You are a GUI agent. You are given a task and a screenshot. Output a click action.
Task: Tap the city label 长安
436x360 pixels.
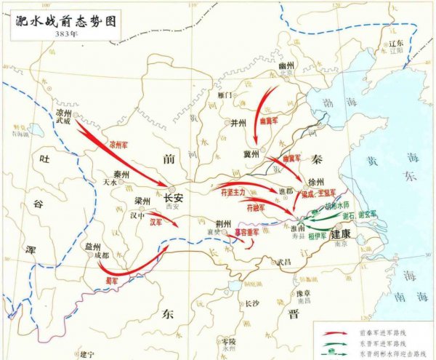[174, 197]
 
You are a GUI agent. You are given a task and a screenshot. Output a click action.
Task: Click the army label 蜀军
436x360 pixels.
[111, 279]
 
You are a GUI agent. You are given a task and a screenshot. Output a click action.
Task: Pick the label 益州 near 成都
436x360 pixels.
[91, 247]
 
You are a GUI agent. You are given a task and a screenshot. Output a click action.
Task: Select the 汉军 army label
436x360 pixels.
[156, 223]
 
